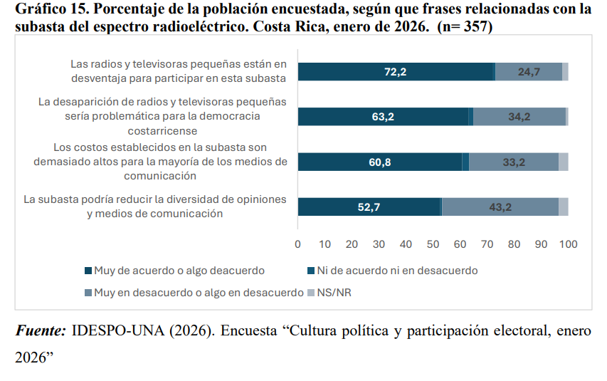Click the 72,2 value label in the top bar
point(395,72)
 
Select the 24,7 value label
point(529,72)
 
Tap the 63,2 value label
point(383,118)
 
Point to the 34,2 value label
point(519,118)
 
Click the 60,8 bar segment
point(379,162)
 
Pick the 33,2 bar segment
point(514,162)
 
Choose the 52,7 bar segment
point(369,207)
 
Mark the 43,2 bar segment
point(500,207)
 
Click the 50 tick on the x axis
point(433,244)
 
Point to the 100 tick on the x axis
point(568,244)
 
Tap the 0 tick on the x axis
point(297,244)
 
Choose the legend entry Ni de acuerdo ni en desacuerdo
point(396,271)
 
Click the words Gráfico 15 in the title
point(44,10)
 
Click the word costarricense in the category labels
point(162,131)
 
